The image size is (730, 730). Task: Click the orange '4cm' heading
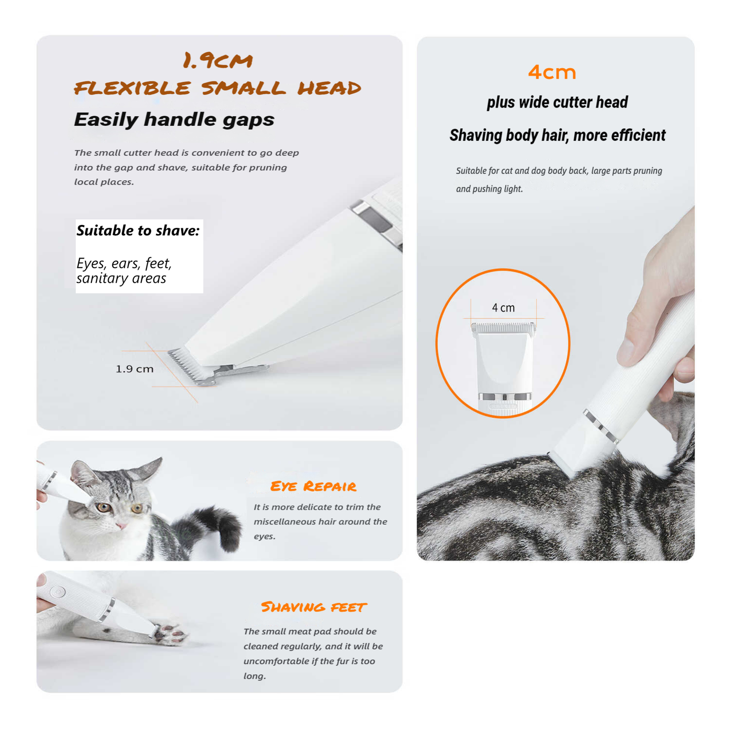(552, 73)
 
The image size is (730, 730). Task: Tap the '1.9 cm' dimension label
(134, 369)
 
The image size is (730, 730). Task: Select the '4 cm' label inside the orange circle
(503, 308)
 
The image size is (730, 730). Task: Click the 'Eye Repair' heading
(313, 486)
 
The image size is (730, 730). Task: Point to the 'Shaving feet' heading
(313, 607)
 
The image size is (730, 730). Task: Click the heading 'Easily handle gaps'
(174, 120)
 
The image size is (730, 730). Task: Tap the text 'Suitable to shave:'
(138, 231)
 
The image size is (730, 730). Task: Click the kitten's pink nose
(121, 526)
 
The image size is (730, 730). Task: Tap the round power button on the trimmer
(57, 592)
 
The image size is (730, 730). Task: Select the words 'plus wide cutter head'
(557, 103)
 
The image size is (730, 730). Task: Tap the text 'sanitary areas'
(121, 278)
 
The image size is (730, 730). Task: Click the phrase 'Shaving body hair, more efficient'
(557, 135)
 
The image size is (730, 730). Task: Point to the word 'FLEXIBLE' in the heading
(132, 88)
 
